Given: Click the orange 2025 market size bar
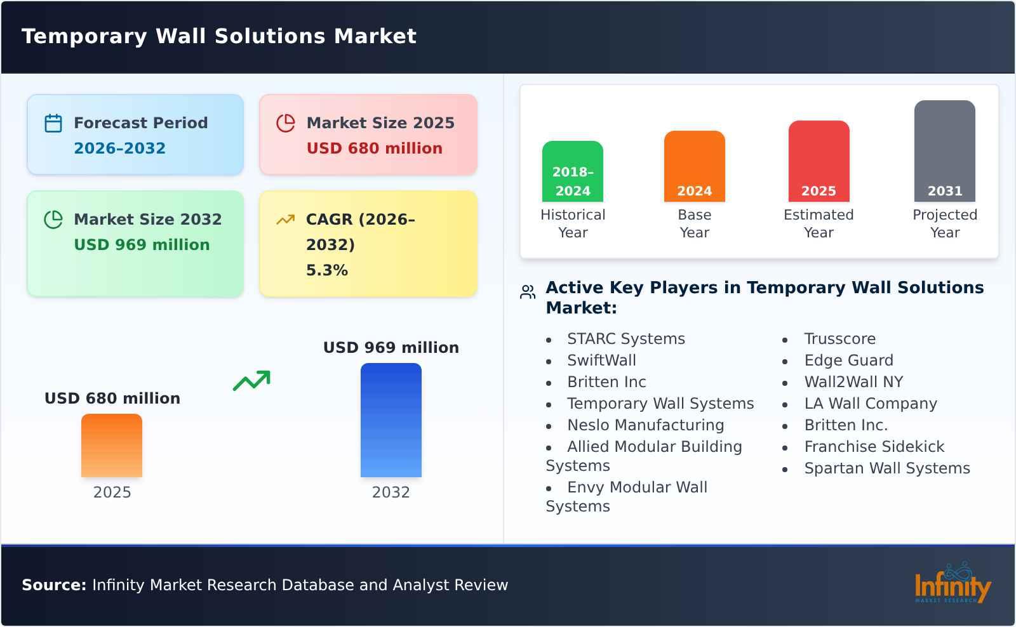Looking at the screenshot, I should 112,445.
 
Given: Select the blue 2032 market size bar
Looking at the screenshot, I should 391,420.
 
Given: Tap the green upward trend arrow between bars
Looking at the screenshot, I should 251,381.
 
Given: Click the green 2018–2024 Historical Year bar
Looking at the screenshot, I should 572,171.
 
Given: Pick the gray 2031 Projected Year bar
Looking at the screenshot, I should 944,151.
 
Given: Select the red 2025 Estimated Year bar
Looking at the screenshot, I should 819,161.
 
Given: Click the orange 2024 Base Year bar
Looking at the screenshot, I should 694,166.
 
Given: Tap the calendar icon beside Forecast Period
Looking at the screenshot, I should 53,123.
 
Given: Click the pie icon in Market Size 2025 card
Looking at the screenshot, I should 286,123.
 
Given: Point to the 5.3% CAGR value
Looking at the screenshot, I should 326,270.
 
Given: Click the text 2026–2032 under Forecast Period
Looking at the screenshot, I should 119,148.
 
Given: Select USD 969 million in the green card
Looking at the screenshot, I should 142,245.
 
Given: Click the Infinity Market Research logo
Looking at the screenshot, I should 952,584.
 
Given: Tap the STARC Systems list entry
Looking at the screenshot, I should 625,339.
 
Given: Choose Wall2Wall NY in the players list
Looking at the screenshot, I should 853,382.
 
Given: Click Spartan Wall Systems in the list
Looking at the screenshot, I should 886,468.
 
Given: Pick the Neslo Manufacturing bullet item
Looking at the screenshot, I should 645,425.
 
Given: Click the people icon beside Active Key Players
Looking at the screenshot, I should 528,292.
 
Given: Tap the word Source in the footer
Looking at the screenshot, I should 53,585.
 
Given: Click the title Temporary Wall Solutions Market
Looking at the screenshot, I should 219,36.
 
